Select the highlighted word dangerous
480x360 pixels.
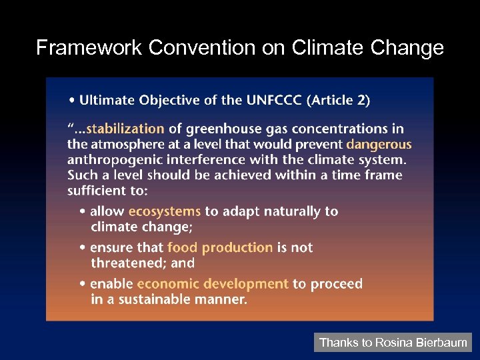tap(379, 144)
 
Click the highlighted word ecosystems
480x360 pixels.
tap(164, 211)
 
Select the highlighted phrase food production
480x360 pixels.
tap(219, 247)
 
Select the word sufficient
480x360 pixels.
tap(98, 191)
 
